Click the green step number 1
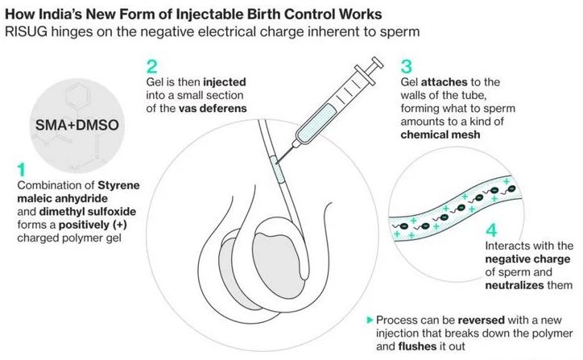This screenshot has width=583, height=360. coord(21,169)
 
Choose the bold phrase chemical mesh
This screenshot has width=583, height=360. coord(440,134)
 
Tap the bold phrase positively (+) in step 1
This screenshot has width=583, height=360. coord(102,226)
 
